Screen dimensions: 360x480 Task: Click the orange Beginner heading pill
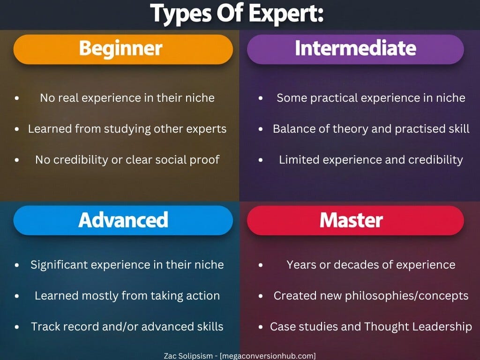click(x=123, y=49)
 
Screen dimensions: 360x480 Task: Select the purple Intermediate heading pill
click(x=355, y=49)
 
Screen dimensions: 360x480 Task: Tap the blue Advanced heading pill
click(x=123, y=220)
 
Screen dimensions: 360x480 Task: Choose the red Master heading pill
click(x=355, y=220)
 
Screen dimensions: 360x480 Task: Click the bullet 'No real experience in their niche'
click(x=127, y=98)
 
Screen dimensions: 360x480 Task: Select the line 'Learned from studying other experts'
click(x=127, y=129)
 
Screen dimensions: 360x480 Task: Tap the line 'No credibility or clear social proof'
click(x=127, y=159)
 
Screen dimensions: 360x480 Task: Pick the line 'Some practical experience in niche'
click(x=371, y=98)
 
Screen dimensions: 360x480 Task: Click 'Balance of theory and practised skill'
click(x=371, y=129)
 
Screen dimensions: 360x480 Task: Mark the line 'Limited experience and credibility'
click(x=371, y=159)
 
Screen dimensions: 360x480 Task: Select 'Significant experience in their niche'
click(x=127, y=264)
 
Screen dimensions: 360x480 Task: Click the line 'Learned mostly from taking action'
click(x=127, y=296)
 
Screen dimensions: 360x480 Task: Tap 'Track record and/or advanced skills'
click(x=127, y=327)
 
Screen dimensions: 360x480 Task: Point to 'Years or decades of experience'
click(x=371, y=264)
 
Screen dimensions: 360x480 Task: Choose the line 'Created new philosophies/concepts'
click(x=371, y=296)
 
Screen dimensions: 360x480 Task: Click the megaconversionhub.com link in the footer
click(x=268, y=355)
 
